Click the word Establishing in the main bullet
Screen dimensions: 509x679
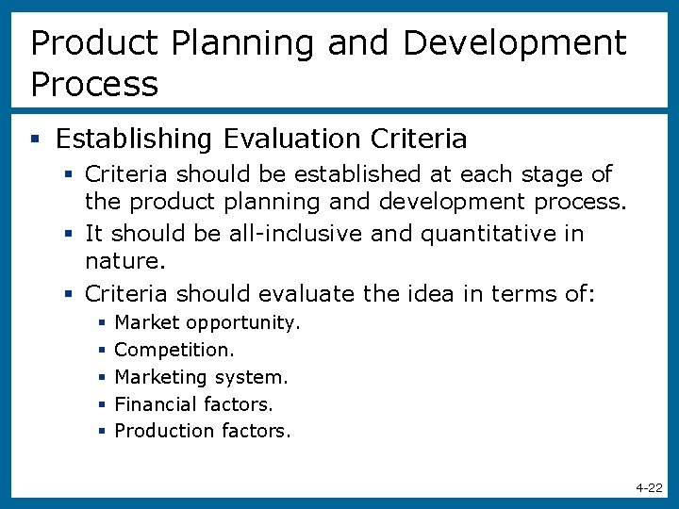134,140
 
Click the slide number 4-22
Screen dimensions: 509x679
649,487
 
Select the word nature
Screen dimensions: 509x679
123,259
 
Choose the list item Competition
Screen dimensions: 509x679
174,350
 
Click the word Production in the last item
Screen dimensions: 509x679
165,431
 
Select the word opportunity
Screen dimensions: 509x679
242,323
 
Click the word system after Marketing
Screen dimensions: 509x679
250,377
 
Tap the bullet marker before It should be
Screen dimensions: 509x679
68,234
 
